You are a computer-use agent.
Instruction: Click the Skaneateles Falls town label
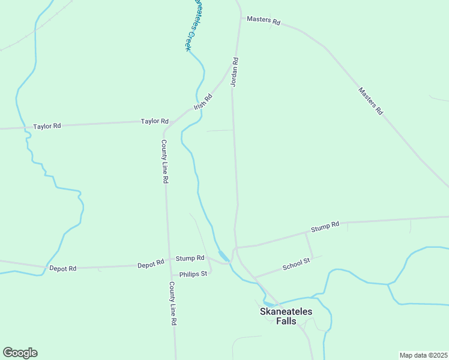[x=278, y=316]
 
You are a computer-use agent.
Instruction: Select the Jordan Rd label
[x=235, y=73]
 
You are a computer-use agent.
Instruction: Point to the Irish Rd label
[x=203, y=102]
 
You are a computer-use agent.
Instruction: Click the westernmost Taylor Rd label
[x=47, y=127]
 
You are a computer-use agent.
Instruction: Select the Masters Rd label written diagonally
[x=370, y=101]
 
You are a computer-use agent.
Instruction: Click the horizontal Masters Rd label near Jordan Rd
[x=264, y=21]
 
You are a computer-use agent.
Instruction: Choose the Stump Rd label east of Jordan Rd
[x=325, y=226]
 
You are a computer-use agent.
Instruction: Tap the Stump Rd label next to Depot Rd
[x=190, y=259]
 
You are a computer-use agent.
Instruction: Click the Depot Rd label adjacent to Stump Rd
[x=151, y=264]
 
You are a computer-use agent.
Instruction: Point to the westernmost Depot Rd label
[x=63, y=269]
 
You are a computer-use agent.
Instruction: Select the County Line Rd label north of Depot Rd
[x=164, y=161]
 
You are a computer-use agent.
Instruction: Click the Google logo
[x=20, y=353]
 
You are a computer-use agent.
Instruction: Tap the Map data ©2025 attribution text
[x=423, y=355]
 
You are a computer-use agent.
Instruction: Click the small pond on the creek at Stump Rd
[x=223, y=256]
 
